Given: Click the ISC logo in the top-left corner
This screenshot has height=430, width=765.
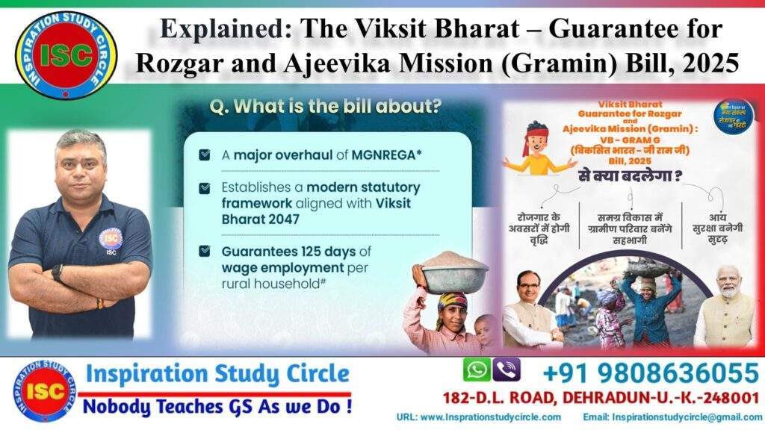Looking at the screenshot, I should (x=66, y=54).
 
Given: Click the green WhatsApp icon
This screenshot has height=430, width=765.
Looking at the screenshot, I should (x=477, y=370).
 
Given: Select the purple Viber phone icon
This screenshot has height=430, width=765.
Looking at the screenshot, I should (x=507, y=370).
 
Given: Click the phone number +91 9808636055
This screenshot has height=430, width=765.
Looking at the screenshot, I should (x=650, y=372).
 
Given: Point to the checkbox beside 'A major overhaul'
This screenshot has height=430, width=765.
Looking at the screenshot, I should (x=204, y=155).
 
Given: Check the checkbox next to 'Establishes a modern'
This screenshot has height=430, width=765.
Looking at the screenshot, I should (x=204, y=188).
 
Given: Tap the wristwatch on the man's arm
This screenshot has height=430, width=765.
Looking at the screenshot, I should (x=57, y=272).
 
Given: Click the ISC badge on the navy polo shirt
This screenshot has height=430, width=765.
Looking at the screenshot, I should (x=111, y=238).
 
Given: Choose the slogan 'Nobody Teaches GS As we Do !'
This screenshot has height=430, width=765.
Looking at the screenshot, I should (x=217, y=407).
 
